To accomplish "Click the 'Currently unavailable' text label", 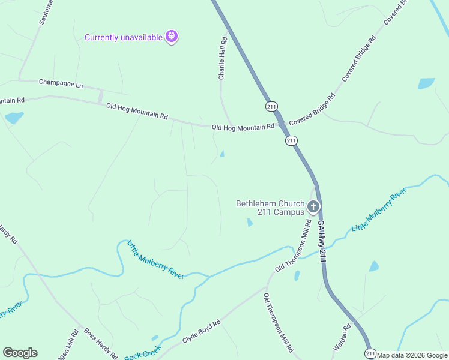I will pos(124,37).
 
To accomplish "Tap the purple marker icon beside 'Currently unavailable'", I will pos(172,37).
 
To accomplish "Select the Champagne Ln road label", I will pos(61,83).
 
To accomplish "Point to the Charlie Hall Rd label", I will pos(222,58).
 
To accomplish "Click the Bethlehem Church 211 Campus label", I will pos(270,208).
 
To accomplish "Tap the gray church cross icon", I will pos(313,208).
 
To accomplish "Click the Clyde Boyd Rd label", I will pos(202,331).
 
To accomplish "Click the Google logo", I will pos(20,353).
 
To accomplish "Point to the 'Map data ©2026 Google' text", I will pos(412,355).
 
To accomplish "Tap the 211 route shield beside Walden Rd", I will pos(370,353).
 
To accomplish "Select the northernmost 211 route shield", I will pos(271,106).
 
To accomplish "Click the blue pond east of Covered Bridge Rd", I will pos(426,83).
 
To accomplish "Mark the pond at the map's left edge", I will pos(14,118).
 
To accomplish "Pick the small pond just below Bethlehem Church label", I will pos(249,223).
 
